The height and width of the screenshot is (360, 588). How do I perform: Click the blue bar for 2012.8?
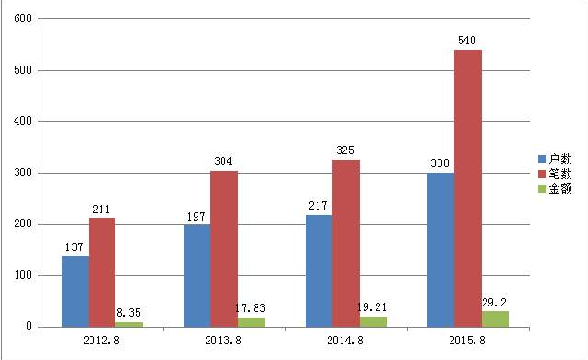tap(75, 291)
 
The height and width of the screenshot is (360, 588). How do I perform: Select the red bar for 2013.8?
tap(223, 248)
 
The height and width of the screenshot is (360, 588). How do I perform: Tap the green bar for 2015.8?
tap(495, 318)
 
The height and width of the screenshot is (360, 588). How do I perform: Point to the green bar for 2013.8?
tap(251, 321)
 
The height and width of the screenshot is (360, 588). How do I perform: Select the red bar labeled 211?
tap(102, 271)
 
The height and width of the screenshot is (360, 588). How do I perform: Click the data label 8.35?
tap(129, 313)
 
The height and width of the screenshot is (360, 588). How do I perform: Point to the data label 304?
tap(223, 161)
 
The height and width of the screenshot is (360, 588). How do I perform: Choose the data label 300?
tap(440, 163)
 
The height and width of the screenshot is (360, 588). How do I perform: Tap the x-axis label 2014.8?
tap(345, 342)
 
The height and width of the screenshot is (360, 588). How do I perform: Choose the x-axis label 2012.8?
tap(102, 342)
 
